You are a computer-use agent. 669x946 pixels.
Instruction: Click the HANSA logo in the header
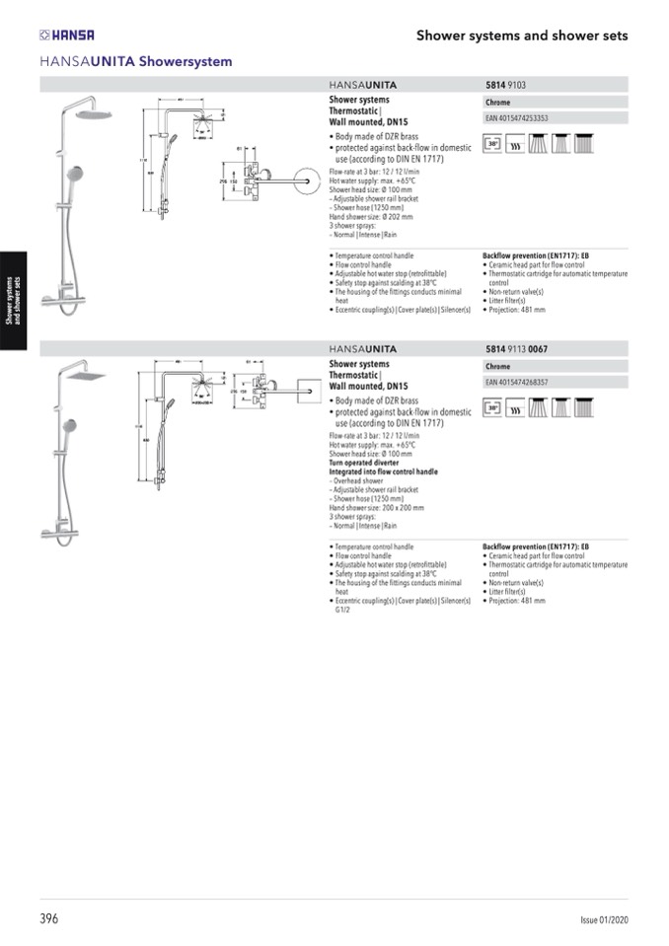pos(66,35)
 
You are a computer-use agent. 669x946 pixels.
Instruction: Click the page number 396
pos(49,918)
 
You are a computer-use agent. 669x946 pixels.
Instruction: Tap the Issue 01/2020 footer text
pos(604,919)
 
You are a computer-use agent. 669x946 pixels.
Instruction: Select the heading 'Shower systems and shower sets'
pos(522,36)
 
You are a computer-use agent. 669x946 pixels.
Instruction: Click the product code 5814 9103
pos(505,86)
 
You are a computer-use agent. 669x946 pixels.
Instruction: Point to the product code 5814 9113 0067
pos(518,348)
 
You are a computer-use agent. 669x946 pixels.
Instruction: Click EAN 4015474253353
pos(516,118)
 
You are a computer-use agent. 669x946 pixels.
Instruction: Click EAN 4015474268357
pos(516,382)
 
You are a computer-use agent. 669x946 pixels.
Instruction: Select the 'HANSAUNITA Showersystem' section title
pos(136,61)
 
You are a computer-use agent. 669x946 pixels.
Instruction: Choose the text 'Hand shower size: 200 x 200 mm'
pos(376,508)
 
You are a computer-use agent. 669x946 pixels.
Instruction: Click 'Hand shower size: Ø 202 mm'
pos(370,216)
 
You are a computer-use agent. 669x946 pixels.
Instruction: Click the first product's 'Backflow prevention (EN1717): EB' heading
pos(535,255)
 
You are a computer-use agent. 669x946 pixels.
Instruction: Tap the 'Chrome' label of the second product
pos(498,367)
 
